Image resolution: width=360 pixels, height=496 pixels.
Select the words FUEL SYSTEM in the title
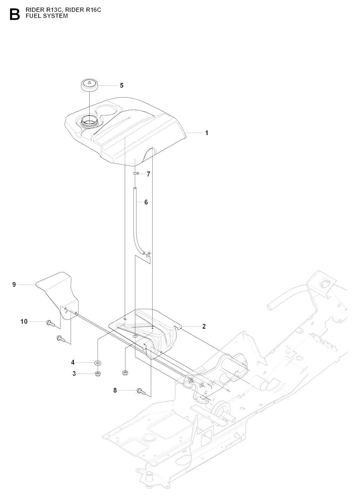[x=47, y=16]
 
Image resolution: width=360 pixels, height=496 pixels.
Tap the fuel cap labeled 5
[x=88, y=85]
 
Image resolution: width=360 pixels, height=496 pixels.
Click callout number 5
[x=122, y=85]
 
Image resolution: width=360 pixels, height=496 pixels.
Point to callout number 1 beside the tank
[x=207, y=133]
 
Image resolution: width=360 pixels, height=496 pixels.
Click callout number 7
[x=148, y=174]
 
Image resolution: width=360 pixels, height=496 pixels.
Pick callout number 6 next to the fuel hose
[x=146, y=202]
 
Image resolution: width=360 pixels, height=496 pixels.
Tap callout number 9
[x=14, y=284]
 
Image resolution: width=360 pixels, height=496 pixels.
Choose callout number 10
[x=24, y=322]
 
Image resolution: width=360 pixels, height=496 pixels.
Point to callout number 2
[x=204, y=326]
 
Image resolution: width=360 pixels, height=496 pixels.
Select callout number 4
[x=73, y=362]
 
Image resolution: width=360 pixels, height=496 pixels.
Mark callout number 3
[x=74, y=374]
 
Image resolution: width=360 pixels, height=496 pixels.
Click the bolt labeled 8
[x=140, y=390]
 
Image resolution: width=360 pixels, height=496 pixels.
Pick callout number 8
[x=115, y=390]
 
